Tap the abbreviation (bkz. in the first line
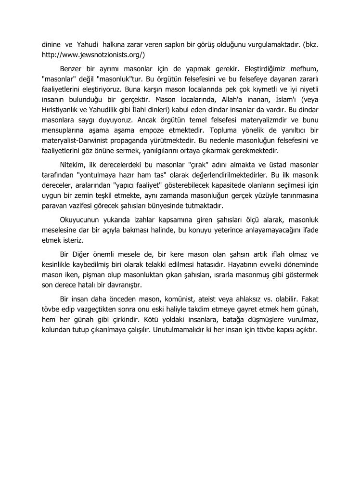pyautogui.click(x=309, y=44)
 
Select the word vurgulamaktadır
pyautogui.click(x=267, y=44)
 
